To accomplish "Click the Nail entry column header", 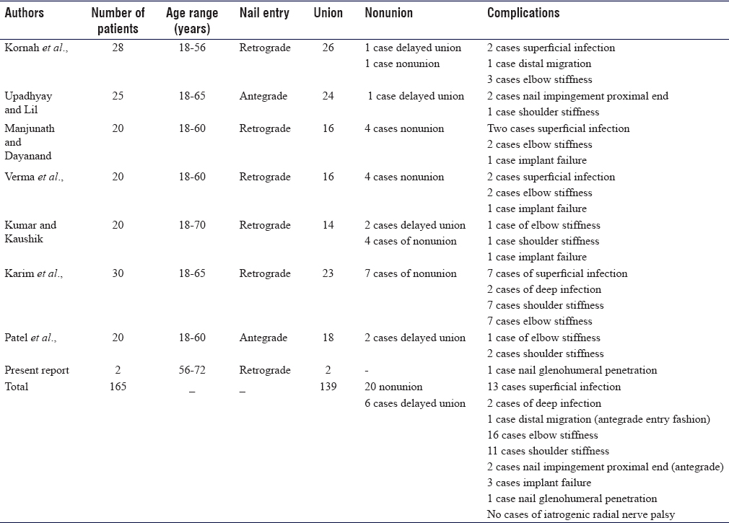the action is (264, 13).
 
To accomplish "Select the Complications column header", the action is (523, 13).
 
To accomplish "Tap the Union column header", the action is (328, 13).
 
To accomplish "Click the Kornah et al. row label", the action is (36, 48).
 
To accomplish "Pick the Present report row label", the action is (37, 370).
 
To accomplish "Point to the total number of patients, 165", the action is (118, 387).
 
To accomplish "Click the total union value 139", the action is (328, 387).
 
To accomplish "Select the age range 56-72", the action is (192, 370).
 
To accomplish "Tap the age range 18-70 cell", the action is (192, 225).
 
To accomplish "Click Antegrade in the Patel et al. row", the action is (263, 338).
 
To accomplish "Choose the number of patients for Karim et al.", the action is (118, 273).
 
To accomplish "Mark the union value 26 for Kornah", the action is (328, 48).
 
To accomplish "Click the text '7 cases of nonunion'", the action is (411, 273).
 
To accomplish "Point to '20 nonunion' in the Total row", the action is (393, 387).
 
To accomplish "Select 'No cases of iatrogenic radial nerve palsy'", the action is (581, 514).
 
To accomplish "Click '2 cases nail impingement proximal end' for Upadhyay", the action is (577, 96).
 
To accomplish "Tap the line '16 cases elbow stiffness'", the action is (542, 435).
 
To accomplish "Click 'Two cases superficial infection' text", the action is (558, 128).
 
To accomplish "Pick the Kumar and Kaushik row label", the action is (30, 232).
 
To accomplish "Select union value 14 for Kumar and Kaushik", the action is (328, 225).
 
